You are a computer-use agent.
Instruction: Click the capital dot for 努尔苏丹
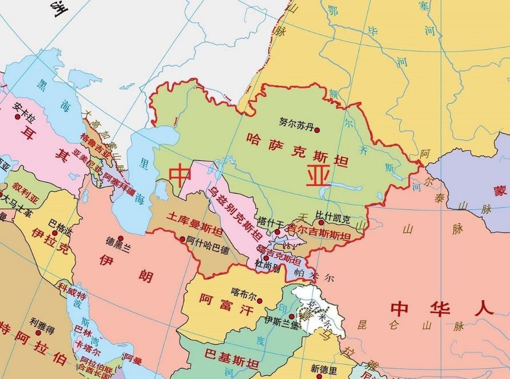click(317, 130)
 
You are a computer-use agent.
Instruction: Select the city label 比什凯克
click(333, 217)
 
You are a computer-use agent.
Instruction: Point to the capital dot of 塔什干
click(277, 232)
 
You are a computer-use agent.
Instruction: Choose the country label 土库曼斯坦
click(194, 224)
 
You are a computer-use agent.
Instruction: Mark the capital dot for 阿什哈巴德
click(183, 239)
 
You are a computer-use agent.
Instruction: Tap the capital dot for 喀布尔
click(260, 301)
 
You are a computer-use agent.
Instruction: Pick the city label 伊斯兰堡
click(281, 321)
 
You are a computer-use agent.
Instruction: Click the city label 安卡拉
click(25, 106)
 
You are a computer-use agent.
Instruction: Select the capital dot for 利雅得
click(38, 333)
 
